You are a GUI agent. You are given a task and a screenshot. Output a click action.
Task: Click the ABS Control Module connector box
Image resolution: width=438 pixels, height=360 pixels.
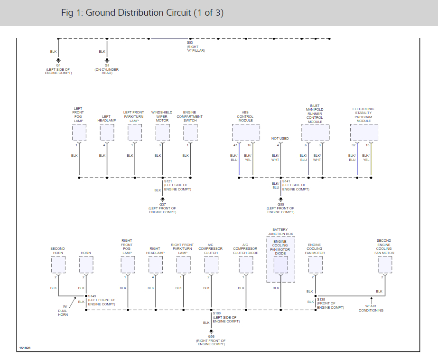point(246,133)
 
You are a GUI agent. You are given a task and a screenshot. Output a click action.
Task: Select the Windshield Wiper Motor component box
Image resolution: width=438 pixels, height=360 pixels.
point(162,133)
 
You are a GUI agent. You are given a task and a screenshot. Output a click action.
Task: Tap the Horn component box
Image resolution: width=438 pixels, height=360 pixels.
point(86,265)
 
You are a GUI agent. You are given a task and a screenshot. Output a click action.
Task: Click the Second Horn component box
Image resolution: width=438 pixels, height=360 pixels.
point(58,265)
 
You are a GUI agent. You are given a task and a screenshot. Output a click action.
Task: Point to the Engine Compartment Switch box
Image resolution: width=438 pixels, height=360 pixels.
point(190,133)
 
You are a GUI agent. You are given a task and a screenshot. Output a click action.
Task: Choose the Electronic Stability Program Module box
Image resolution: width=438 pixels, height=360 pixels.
point(364,133)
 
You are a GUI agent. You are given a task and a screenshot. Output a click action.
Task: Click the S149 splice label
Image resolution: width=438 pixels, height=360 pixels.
point(92,296)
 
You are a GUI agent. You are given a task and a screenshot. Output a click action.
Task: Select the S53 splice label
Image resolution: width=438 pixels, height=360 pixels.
point(190,43)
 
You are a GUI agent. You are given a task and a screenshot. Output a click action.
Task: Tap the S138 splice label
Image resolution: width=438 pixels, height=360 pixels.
point(321,299)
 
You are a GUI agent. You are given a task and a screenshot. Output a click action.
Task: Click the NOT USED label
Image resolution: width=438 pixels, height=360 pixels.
point(280,139)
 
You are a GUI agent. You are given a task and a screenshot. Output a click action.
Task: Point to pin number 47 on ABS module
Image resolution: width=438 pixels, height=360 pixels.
point(235,145)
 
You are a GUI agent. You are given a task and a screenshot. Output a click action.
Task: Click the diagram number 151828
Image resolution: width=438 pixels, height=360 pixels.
point(25,348)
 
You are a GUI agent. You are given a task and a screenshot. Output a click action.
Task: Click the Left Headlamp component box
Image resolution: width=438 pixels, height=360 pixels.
point(107,133)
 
